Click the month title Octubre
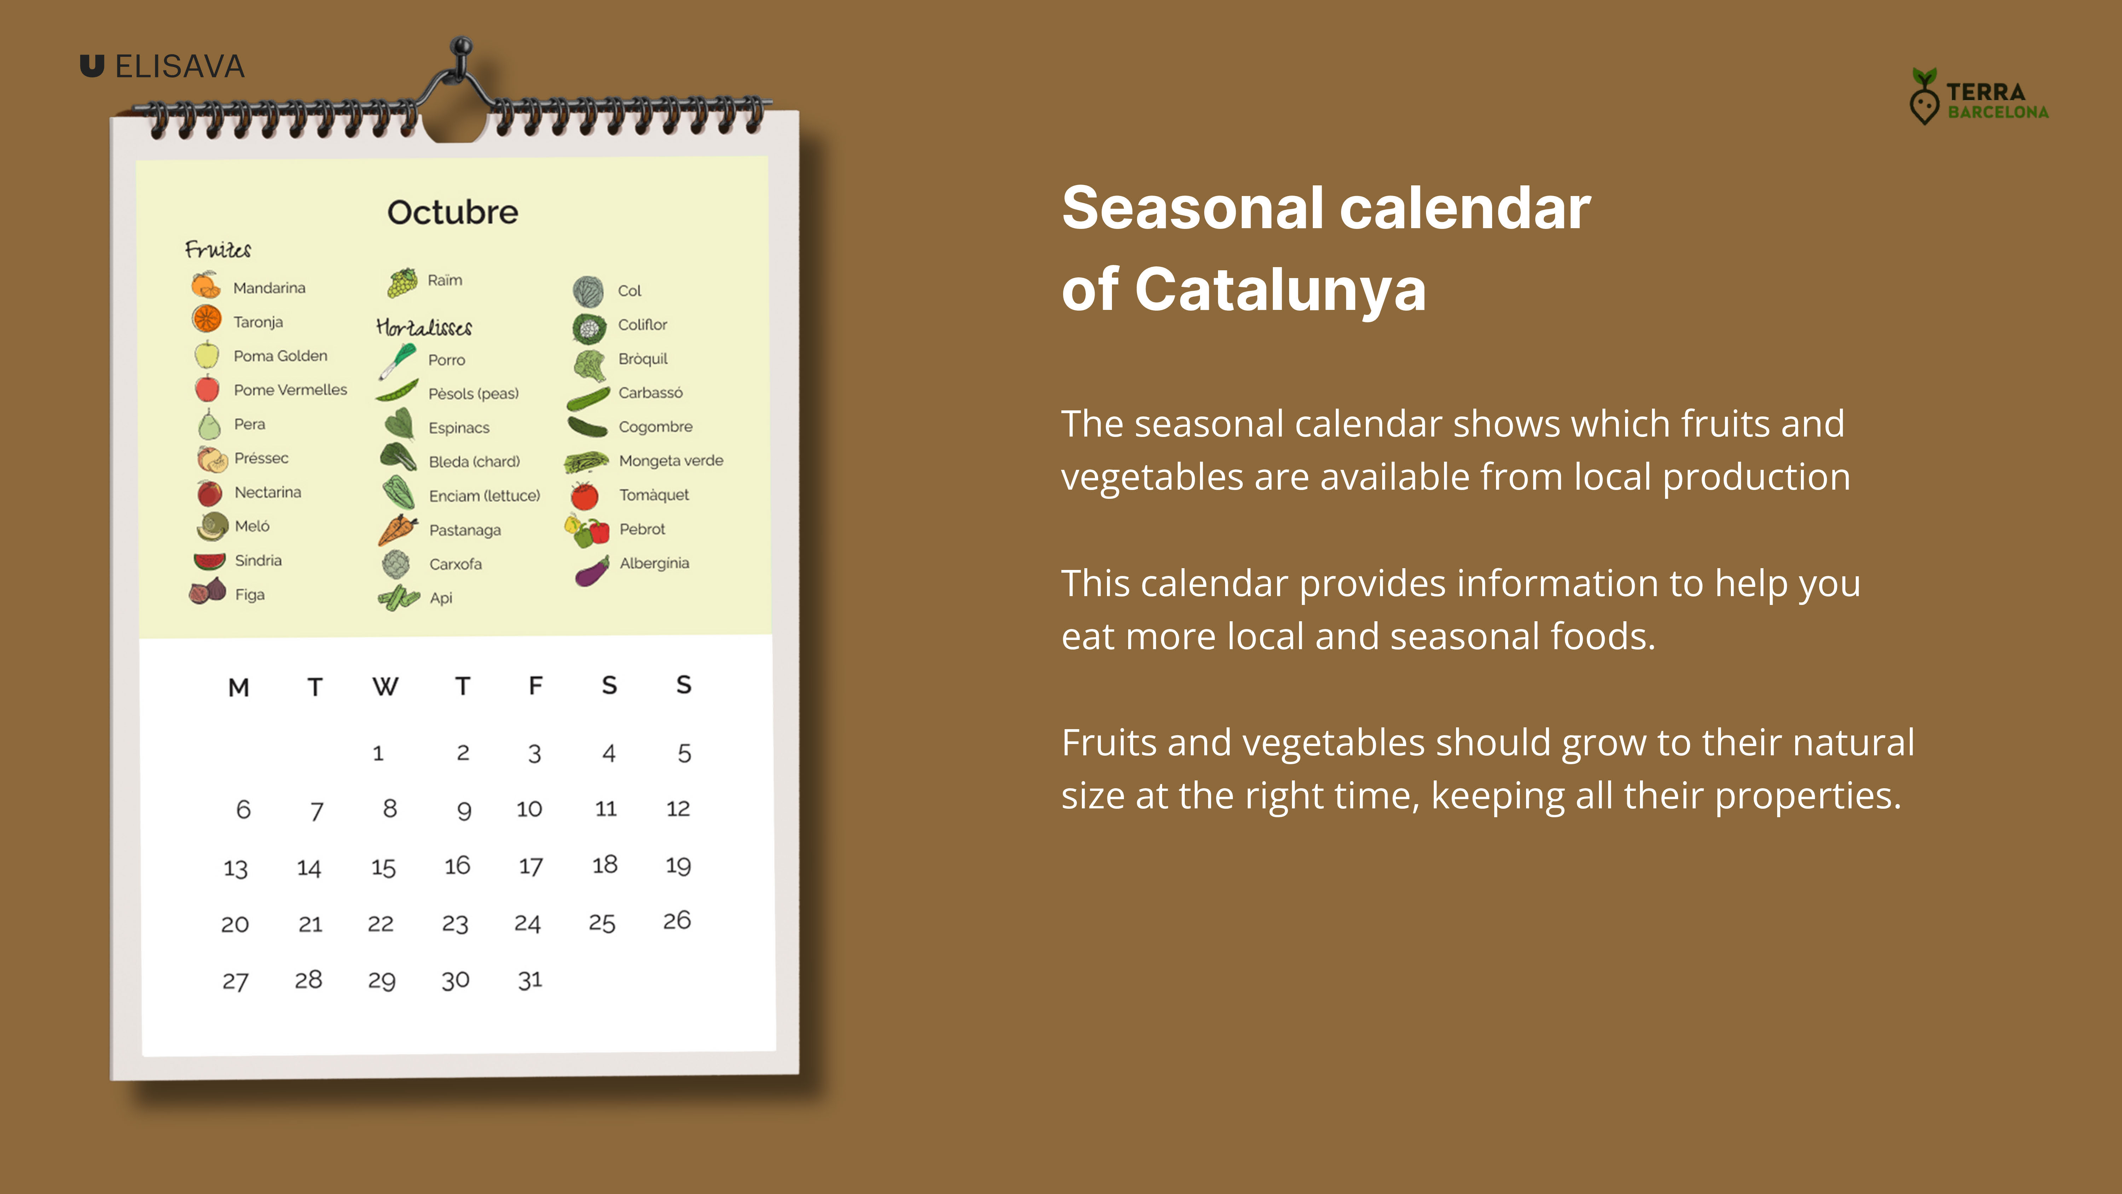click(453, 213)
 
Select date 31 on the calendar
click(530, 980)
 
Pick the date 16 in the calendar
click(457, 865)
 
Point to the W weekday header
click(385, 686)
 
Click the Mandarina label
click(269, 288)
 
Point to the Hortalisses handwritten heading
click(423, 327)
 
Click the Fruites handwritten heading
click(218, 249)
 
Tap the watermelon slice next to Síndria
click(209, 561)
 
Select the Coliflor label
click(643, 325)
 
